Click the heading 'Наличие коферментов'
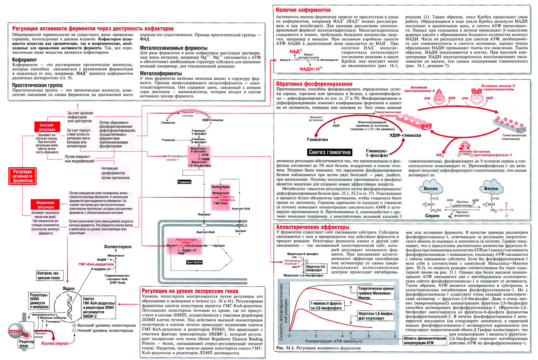[301, 9]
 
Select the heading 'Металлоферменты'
[159, 73]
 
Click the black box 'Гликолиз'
[185, 182]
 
